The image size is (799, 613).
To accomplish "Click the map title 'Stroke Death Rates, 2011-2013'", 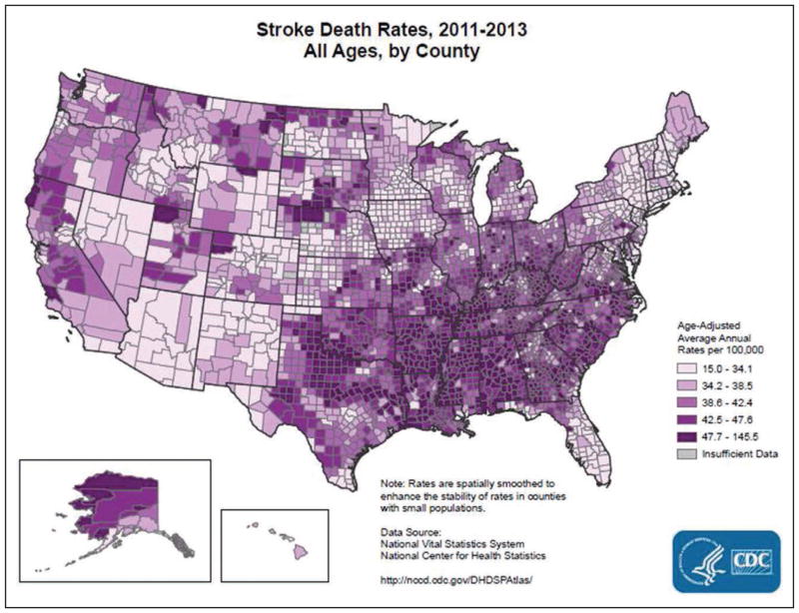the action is pos(392,30).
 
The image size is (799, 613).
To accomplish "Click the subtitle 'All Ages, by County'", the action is pos(392,52).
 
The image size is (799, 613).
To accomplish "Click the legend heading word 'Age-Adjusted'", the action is pos(702,326).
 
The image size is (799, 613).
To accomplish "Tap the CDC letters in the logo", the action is pos(751,561).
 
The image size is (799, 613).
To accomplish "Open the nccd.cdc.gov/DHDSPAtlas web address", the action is pos(456,579).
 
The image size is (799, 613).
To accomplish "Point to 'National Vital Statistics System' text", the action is pos(452,544).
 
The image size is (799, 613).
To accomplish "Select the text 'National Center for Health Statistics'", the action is pos(463,555).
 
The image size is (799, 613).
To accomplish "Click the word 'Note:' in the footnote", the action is pos(392,483).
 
